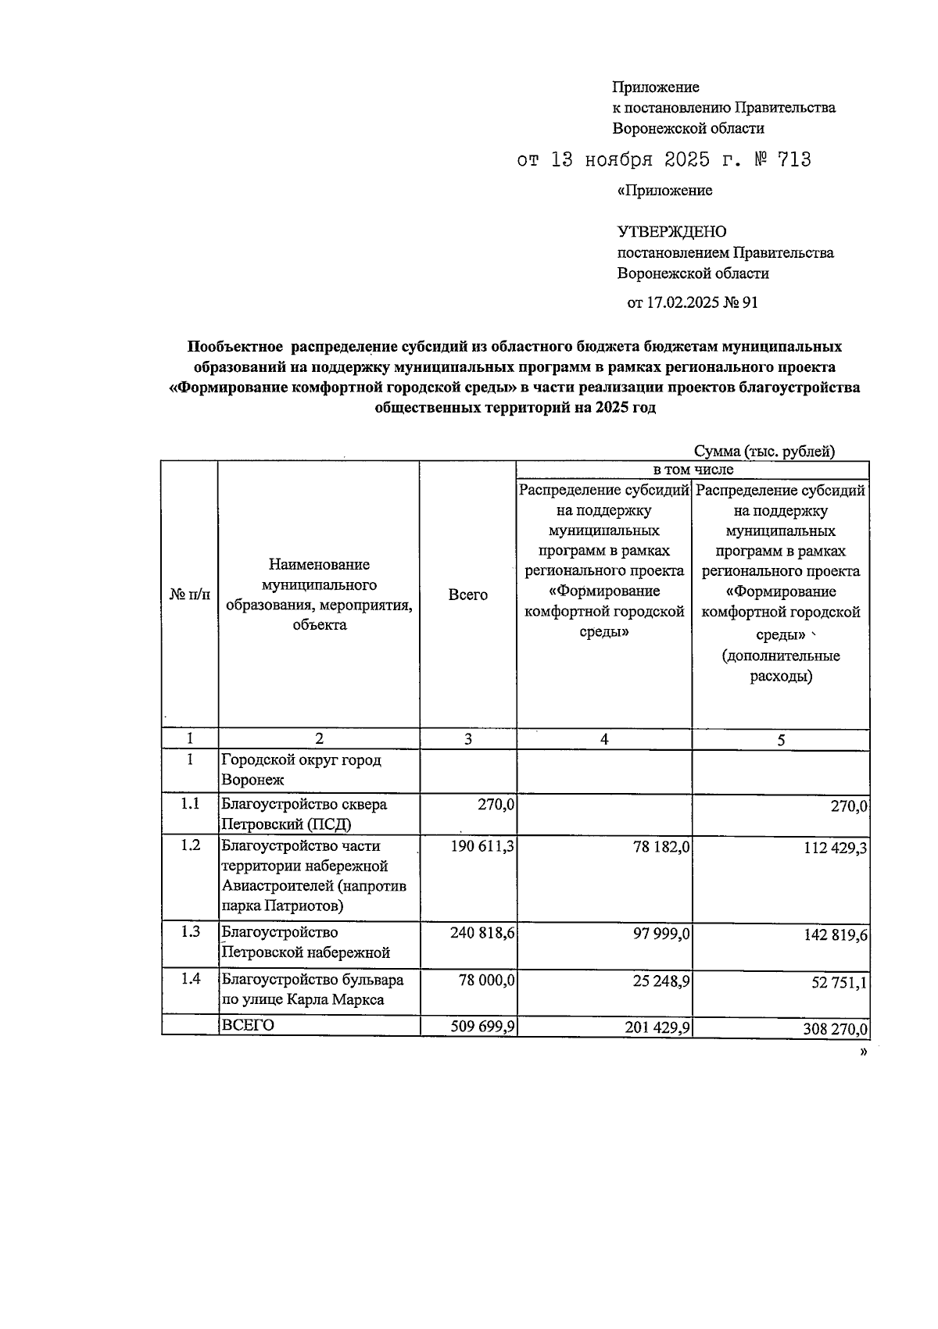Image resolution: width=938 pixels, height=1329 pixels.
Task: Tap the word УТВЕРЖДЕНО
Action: [671, 232]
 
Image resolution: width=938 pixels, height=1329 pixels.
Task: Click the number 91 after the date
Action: [749, 303]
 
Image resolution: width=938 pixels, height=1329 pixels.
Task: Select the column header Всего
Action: [467, 595]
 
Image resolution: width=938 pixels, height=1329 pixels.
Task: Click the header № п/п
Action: [189, 595]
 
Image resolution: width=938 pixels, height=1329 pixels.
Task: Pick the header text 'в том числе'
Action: [693, 470]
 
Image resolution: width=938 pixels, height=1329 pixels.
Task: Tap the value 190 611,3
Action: [482, 846]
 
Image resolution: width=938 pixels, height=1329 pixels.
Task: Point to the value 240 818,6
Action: [482, 933]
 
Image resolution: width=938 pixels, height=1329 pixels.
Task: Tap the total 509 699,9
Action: [482, 1027]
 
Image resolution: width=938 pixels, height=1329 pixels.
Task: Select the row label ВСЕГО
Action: [249, 1025]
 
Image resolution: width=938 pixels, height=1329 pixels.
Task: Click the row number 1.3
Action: [190, 932]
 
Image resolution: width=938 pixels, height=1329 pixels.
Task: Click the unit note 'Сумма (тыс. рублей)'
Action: [764, 451]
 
